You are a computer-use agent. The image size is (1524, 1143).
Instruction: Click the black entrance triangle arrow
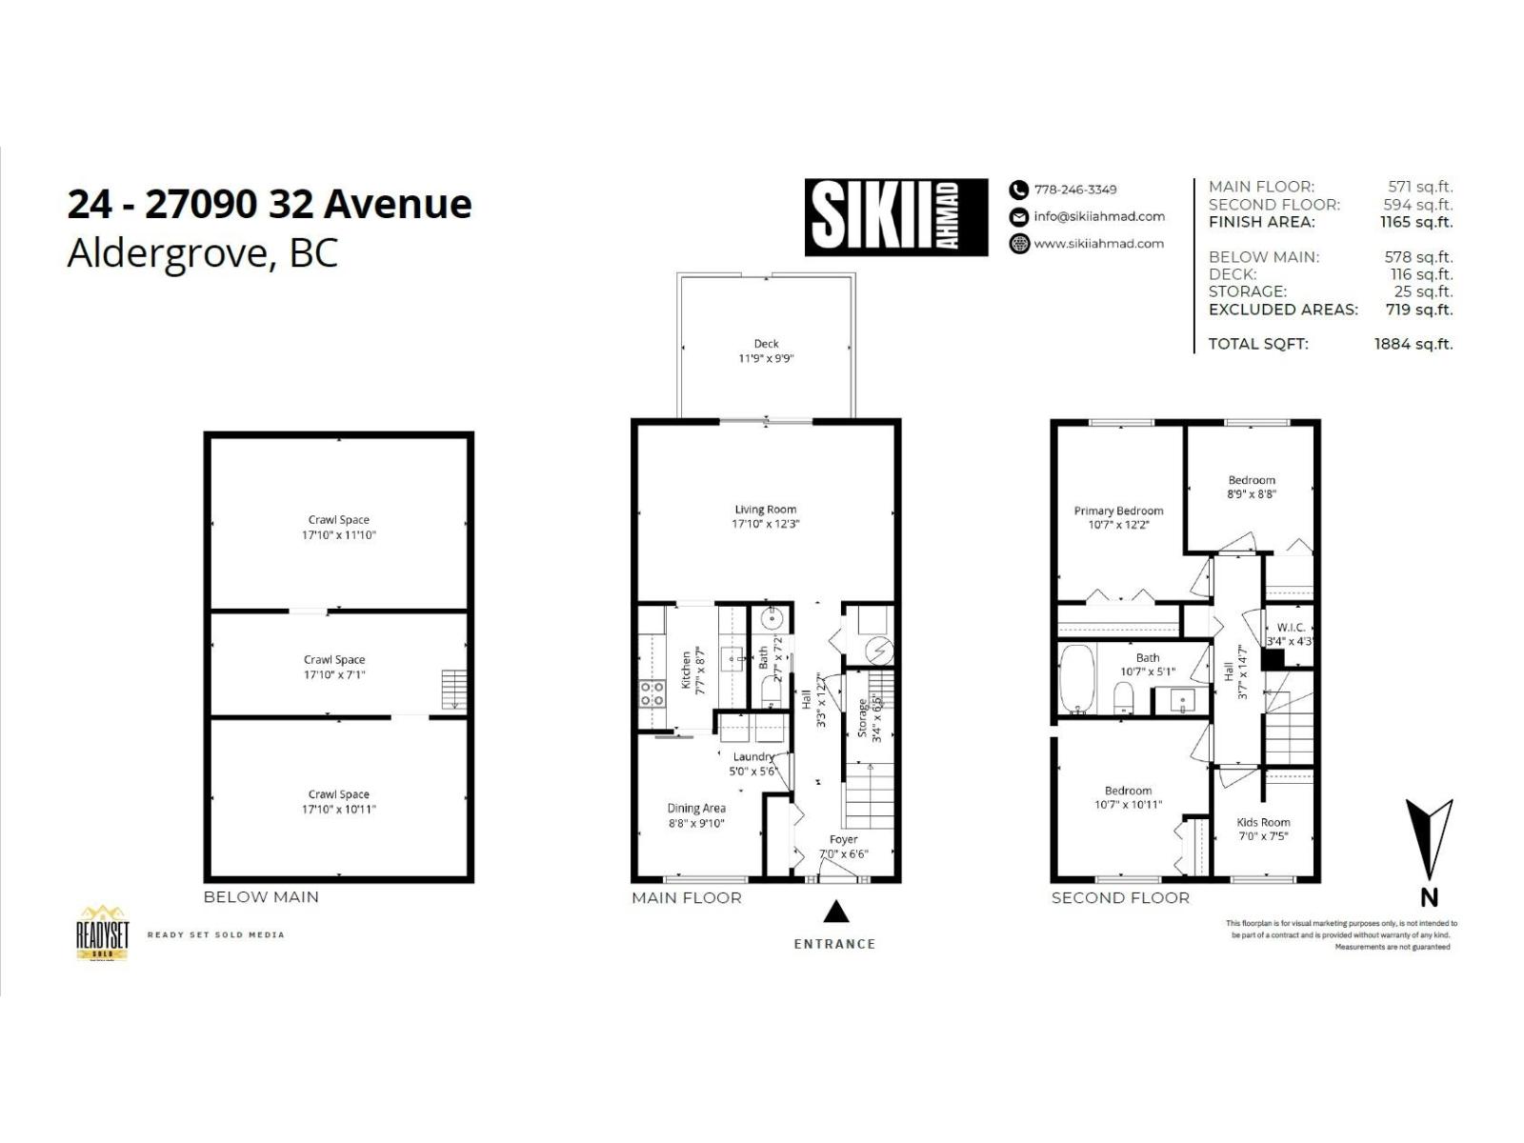(x=835, y=912)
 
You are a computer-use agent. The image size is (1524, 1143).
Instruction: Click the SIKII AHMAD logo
(x=895, y=217)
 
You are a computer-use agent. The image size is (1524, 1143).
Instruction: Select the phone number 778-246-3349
(x=1074, y=190)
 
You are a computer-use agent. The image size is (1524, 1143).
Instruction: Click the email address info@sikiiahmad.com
(x=1098, y=216)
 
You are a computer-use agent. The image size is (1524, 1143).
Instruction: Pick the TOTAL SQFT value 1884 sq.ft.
(x=1413, y=344)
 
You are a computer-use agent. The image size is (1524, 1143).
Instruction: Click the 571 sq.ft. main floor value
(x=1420, y=187)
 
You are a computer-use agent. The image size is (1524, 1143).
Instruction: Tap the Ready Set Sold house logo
(x=102, y=932)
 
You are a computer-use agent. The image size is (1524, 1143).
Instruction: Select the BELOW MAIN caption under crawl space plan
(x=261, y=897)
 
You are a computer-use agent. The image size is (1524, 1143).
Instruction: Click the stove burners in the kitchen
(x=652, y=693)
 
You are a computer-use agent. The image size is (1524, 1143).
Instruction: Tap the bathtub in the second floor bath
(x=1077, y=679)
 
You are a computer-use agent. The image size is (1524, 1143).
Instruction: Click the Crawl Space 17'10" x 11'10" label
(x=338, y=528)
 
